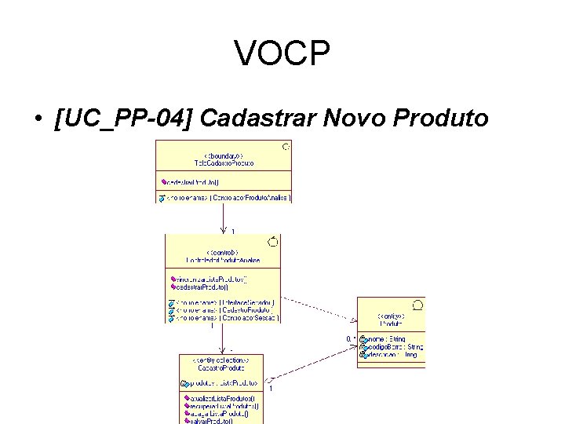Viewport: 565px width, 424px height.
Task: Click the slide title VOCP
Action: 282,54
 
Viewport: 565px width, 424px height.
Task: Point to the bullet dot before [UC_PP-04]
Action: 38,119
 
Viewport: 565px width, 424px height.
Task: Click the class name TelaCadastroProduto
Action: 224,163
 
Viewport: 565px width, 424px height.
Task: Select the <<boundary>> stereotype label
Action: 224,155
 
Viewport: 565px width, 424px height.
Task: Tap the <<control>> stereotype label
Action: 222,251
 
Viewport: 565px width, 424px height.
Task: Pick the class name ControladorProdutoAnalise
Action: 222,259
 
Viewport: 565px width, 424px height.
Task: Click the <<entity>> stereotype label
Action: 390,315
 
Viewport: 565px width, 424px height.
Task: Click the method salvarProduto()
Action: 210,420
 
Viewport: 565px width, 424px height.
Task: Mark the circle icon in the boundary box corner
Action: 286,146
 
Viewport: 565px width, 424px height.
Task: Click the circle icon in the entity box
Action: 417,304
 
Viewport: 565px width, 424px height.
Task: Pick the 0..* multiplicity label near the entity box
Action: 352,338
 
